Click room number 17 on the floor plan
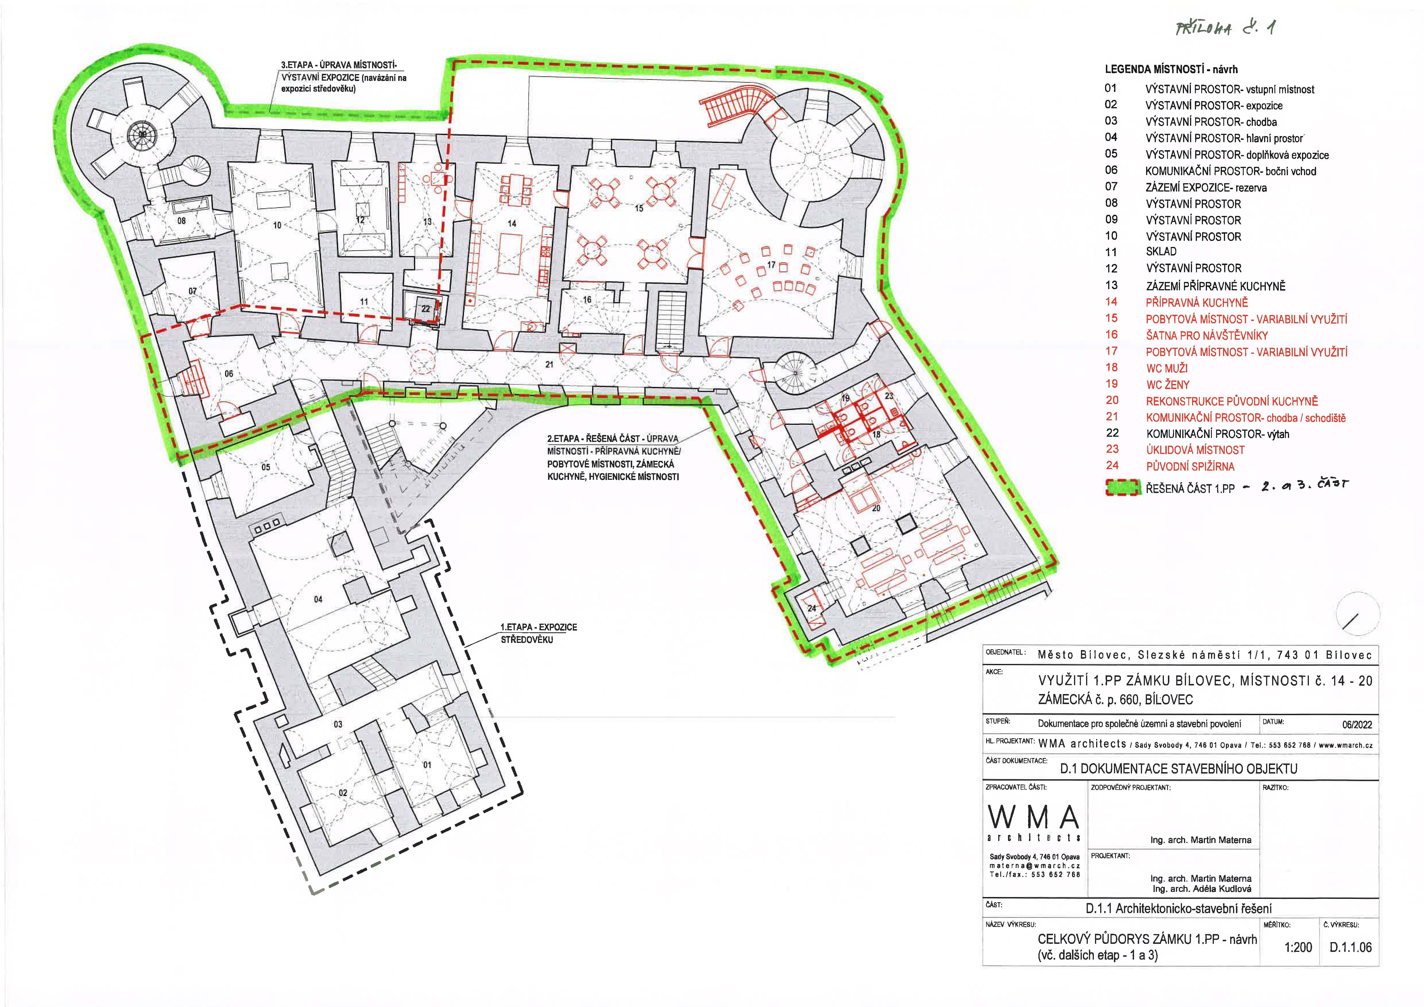pos(771,265)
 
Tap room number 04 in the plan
pos(318,599)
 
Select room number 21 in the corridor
pos(550,365)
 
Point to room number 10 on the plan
pos(277,225)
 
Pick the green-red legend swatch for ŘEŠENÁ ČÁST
pos(1123,488)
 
